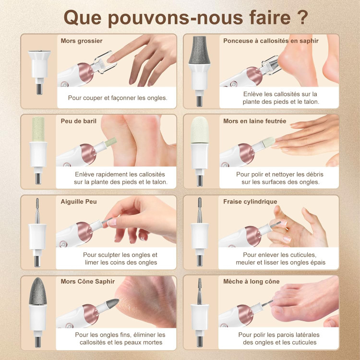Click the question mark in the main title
pyautogui.click(x=303, y=17)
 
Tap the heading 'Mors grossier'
pyautogui.click(x=82, y=41)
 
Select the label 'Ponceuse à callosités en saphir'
pyautogui.click(x=271, y=41)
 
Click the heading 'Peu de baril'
pyautogui.click(x=79, y=121)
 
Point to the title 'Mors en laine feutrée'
pyautogui.click(x=254, y=121)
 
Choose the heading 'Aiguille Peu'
pyautogui.click(x=79, y=202)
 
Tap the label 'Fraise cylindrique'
pyautogui.click(x=250, y=202)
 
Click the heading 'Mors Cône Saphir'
pyautogui.click(x=87, y=281)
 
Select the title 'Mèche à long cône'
pyautogui.click(x=251, y=281)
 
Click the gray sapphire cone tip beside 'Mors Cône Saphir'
pyautogui.click(x=38, y=291)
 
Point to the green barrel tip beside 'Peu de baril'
pyautogui.click(x=38, y=129)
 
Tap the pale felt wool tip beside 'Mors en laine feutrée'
pyautogui.click(x=200, y=130)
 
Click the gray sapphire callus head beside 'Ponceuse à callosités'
pyautogui.click(x=199, y=50)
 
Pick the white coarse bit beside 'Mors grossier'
pyautogui.click(x=39, y=64)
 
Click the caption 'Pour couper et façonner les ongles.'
pyautogui.click(x=118, y=98)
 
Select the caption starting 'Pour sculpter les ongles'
pyautogui.click(x=120, y=259)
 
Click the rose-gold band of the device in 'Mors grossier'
pyautogui.click(x=85, y=72)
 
